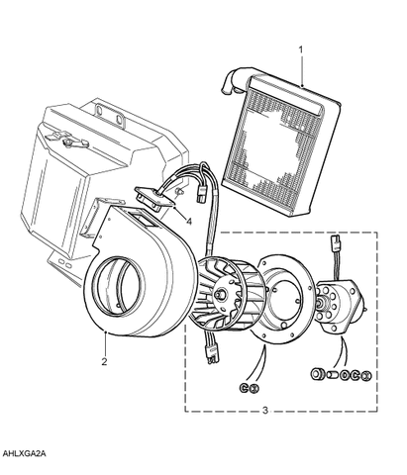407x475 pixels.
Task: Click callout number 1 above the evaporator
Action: [x=300, y=49]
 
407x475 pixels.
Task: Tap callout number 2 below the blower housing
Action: [x=104, y=361]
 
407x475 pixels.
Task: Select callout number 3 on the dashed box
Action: [x=265, y=411]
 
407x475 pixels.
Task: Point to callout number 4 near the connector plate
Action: [x=189, y=222]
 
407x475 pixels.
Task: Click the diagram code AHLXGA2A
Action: [x=25, y=453]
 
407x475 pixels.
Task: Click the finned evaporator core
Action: [x=280, y=145]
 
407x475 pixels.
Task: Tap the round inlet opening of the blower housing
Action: [x=118, y=284]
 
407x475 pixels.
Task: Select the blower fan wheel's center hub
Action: [x=220, y=294]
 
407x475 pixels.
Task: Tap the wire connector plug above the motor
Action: [x=335, y=242]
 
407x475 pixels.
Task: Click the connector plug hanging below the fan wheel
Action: [x=211, y=354]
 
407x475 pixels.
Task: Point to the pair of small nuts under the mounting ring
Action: [x=249, y=388]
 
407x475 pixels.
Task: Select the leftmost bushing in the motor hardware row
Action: [x=318, y=374]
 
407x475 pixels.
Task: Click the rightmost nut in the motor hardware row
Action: [x=366, y=375]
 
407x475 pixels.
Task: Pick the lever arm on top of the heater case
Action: [x=67, y=140]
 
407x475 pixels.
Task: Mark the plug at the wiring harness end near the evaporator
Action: [x=200, y=194]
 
